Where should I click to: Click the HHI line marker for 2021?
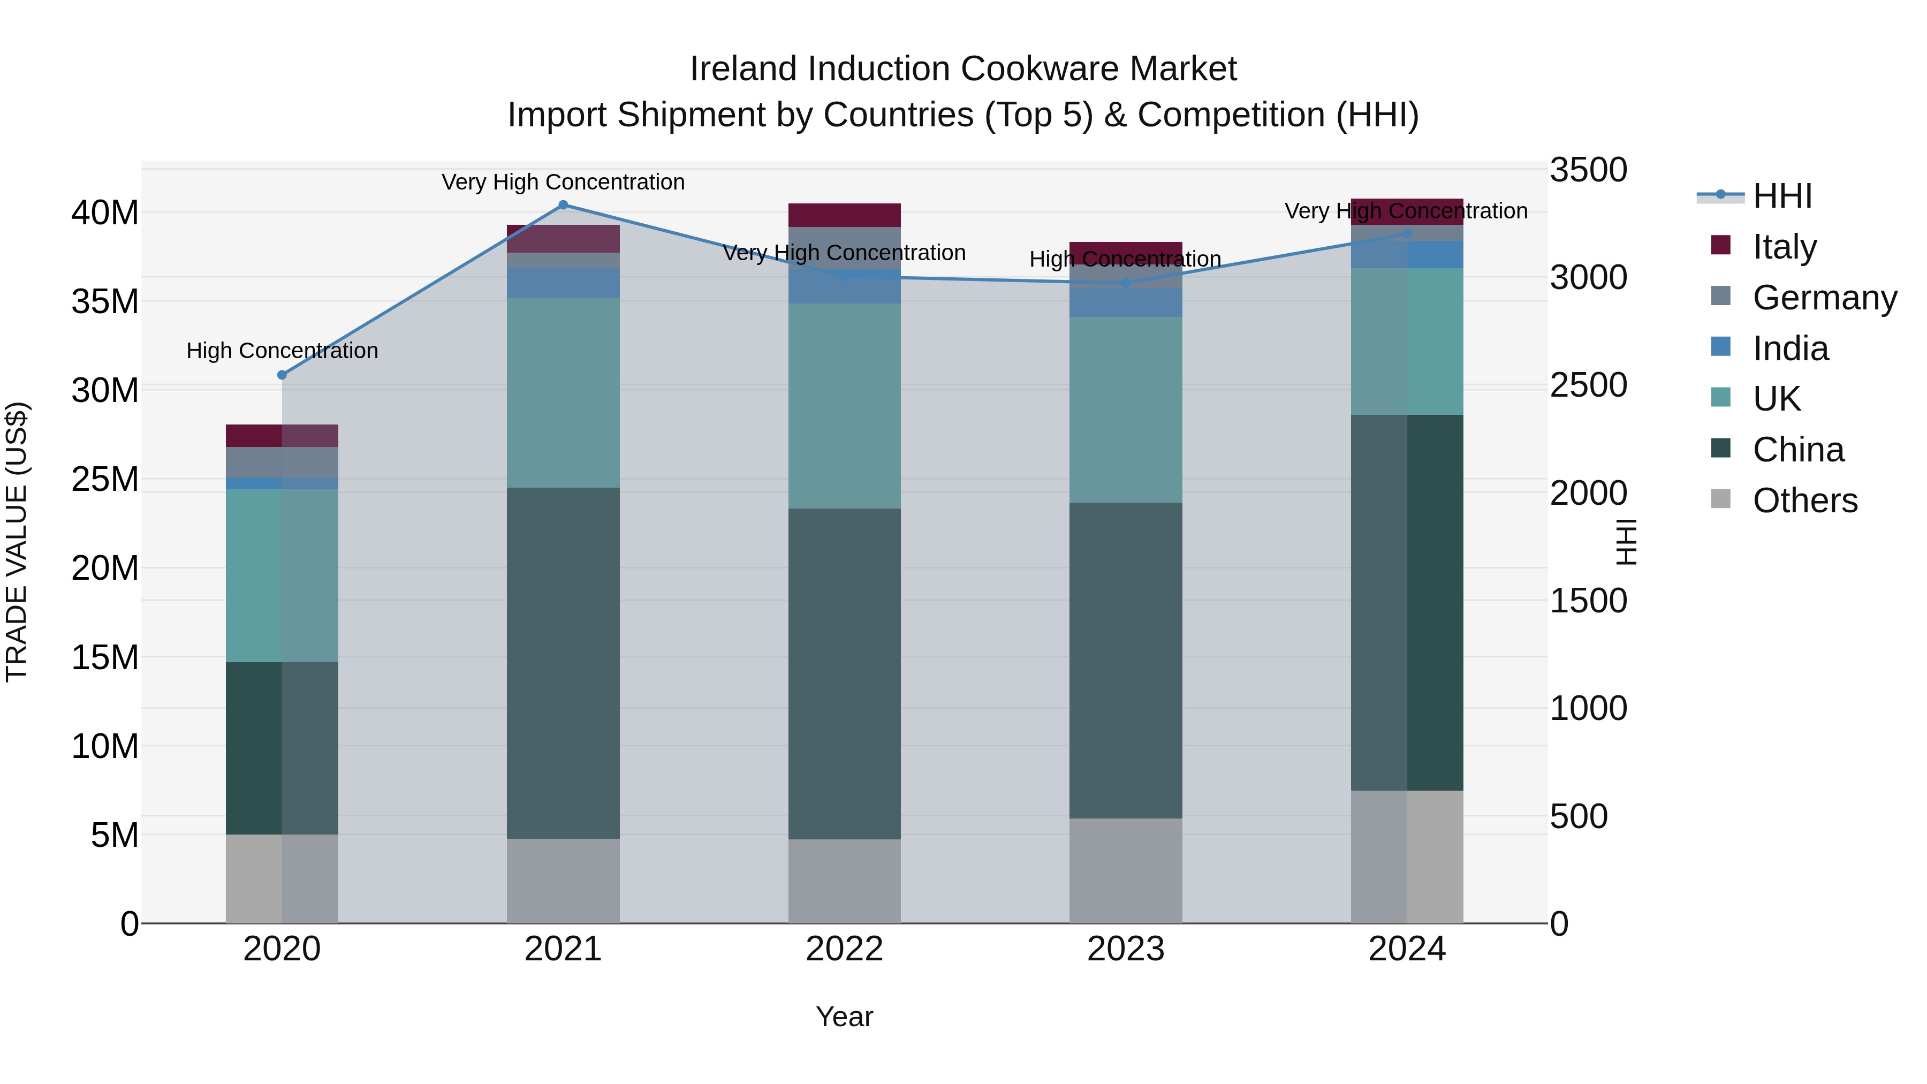click(x=563, y=205)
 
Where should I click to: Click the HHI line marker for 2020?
click(x=282, y=375)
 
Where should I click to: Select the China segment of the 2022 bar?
click(x=845, y=673)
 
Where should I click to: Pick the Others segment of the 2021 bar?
click(x=563, y=881)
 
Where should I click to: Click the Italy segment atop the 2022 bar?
click(x=845, y=215)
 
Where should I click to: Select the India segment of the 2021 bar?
click(x=563, y=283)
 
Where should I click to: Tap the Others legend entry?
click(x=1804, y=501)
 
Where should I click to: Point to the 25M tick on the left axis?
click(x=105, y=480)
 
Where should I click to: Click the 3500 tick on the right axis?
click(x=1588, y=170)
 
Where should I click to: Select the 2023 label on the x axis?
click(x=1126, y=949)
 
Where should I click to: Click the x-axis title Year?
click(x=845, y=1017)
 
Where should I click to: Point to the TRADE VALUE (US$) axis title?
click(x=17, y=542)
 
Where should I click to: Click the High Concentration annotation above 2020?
click(x=282, y=350)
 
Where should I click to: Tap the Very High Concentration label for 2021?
click(x=563, y=182)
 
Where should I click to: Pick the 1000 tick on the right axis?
click(x=1588, y=708)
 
